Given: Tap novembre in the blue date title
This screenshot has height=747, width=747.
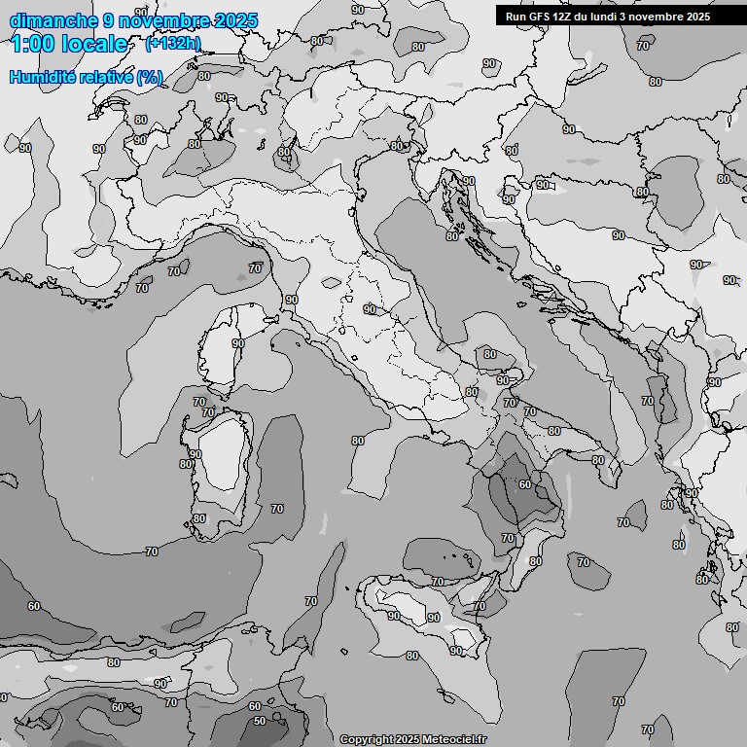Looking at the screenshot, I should tap(163, 20).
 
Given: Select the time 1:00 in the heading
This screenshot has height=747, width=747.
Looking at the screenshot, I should tap(30, 44).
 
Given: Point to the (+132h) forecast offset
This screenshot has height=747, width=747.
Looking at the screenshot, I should tap(173, 44).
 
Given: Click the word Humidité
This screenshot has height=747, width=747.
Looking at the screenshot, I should tap(40, 77).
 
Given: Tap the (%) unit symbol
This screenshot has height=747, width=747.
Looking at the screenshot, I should tap(150, 77).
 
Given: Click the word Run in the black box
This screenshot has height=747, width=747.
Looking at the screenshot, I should tap(516, 17).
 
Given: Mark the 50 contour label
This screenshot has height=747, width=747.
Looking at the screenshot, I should tap(260, 721).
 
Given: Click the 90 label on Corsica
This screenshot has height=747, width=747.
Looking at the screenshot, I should tap(238, 343).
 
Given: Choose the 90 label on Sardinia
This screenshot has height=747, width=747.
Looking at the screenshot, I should tap(195, 454).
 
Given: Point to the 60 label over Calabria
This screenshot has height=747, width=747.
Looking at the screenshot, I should tap(524, 484).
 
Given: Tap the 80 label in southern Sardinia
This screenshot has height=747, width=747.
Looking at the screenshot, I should tap(198, 518).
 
